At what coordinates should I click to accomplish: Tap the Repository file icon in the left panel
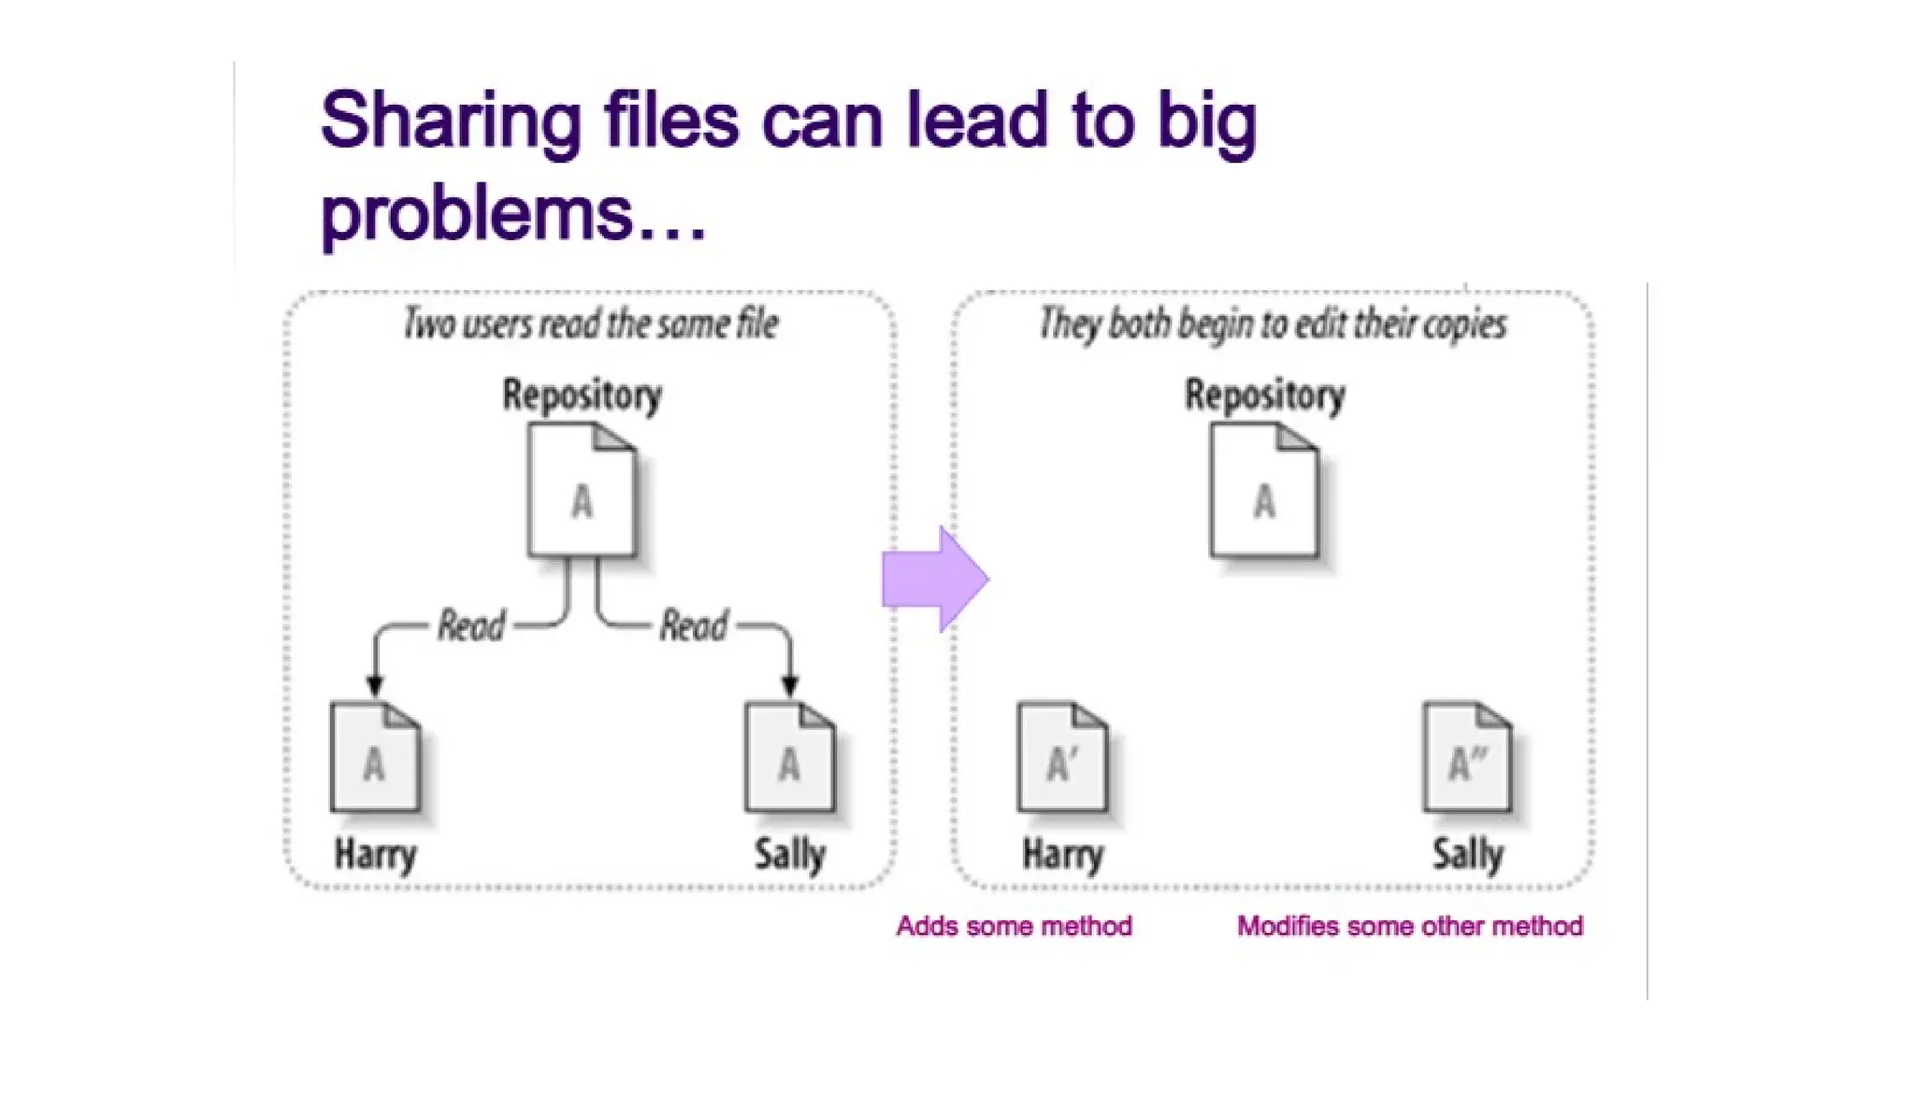pos(582,491)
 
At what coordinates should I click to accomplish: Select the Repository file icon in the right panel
pos(1264,491)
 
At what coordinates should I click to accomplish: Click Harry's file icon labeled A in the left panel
pos(375,757)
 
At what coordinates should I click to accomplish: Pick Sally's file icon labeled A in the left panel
pos(789,757)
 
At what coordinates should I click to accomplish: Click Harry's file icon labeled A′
pos(1062,757)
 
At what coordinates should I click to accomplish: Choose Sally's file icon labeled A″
pos(1466,757)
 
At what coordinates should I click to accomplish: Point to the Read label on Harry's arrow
pos(471,625)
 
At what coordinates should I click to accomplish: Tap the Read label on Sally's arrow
pos(693,625)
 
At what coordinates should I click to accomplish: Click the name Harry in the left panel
pos(376,854)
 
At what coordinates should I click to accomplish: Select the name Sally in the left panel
pos(790,854)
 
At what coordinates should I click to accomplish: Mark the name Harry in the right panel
pos(1063,854)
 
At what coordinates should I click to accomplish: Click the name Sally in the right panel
pos(1468,854)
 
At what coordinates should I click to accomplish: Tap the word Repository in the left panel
pos(582,395)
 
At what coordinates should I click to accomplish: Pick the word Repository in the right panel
pos(1264,395)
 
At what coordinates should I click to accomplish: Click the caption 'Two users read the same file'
pos(591,323)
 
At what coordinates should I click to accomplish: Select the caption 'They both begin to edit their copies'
pos(1273,323)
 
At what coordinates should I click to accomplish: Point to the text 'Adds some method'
pos(1014,926)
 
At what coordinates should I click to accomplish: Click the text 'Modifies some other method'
pos(1409,926)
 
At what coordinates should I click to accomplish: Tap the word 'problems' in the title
pos(477,213)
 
